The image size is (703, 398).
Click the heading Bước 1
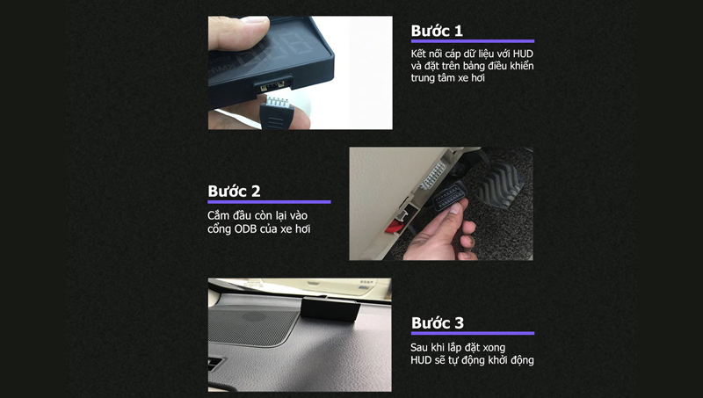[437, 31]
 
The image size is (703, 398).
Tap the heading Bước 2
[234, 191]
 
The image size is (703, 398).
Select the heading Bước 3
[437, 322]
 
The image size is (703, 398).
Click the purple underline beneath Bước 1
[472, 41]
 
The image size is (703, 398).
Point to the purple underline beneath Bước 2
[269, 202]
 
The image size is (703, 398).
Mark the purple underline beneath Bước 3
[472, 333]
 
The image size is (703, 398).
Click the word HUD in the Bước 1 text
[521, 54]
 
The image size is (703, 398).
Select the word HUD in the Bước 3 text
[423, 360]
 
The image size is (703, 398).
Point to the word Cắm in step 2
[220, 215]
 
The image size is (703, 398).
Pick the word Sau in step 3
[422, 347]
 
